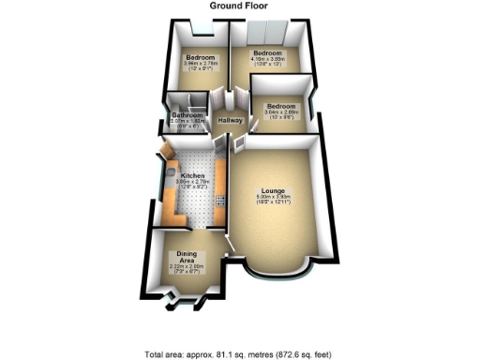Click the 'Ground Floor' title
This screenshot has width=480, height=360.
click(x=240, y=7)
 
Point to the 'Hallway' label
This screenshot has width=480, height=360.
click(x=230, y=122)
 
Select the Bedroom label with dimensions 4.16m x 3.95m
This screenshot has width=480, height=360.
click(x=267, y=52)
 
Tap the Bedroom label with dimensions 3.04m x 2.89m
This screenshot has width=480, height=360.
click(x=280, y=107)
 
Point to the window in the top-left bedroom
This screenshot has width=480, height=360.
click(x=199, y=22)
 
